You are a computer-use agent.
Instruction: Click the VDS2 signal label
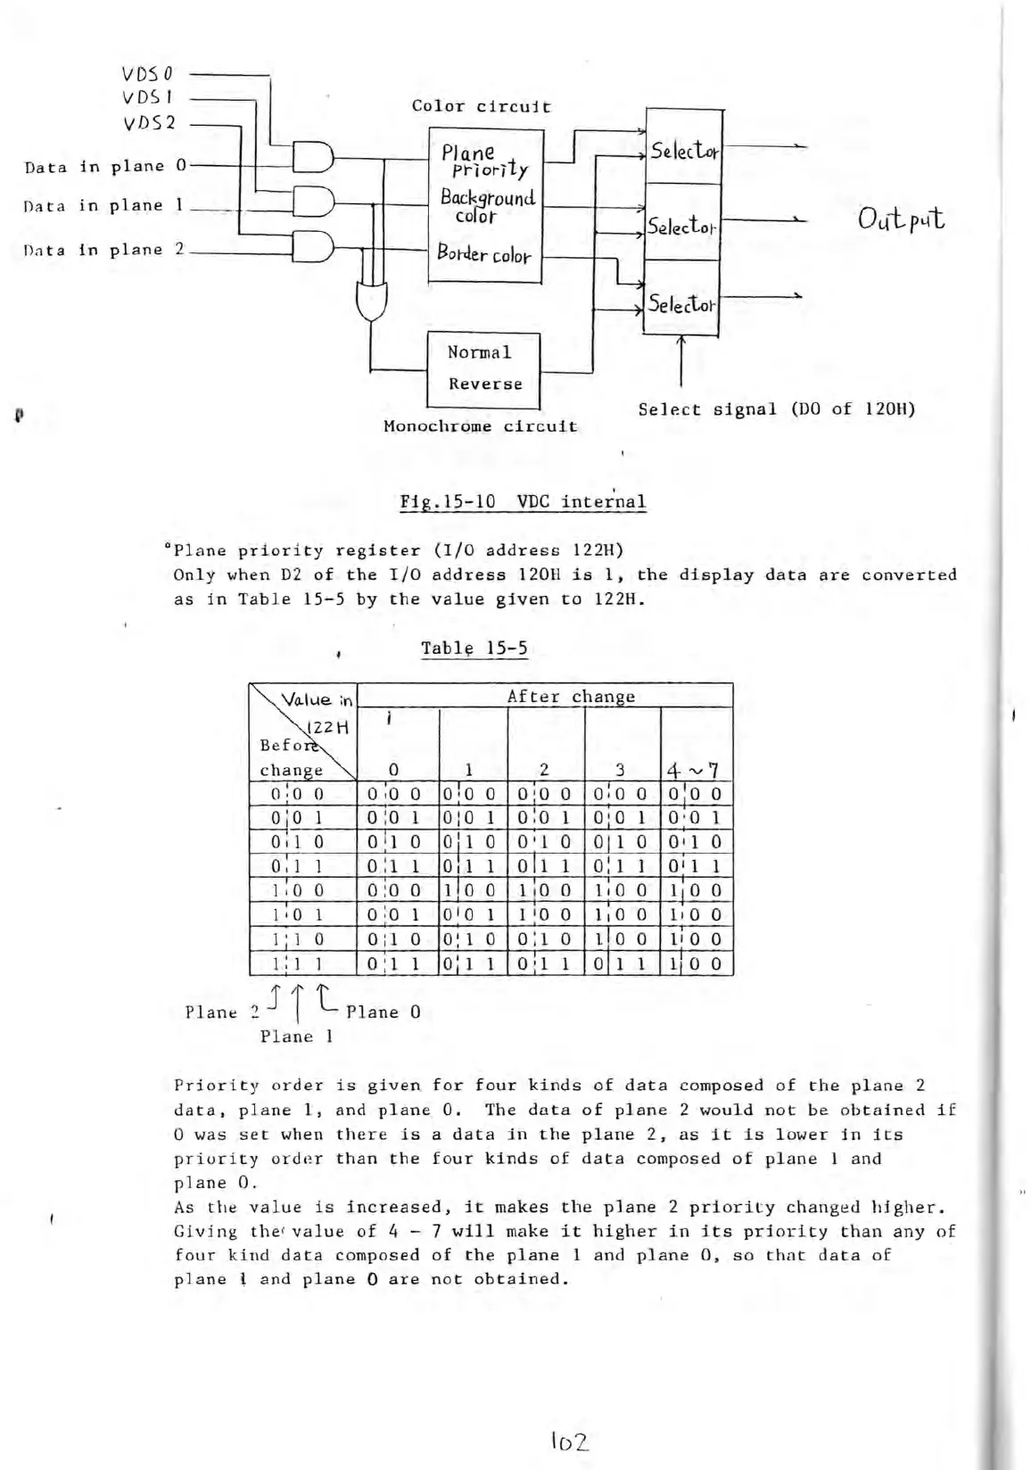tap(149, 122)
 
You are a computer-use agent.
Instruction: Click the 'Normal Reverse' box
tap(484, 368)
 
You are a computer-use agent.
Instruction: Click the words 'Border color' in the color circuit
tap(483, 253)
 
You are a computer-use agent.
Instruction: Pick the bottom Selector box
tap(681, 302)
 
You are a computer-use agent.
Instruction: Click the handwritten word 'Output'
tap(902, 219)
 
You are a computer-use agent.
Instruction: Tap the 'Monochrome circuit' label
tap(480, 426)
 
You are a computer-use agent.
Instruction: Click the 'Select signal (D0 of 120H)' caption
tap(776, 409)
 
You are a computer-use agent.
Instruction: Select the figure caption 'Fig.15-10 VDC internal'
tap(523, 501)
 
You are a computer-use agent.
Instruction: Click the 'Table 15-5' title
tap(474, 648)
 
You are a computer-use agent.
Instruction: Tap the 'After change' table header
tap(571, 697)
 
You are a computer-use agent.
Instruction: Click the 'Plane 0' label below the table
tap(383, 1012)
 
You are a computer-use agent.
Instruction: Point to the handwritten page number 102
tap(570, 1441)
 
